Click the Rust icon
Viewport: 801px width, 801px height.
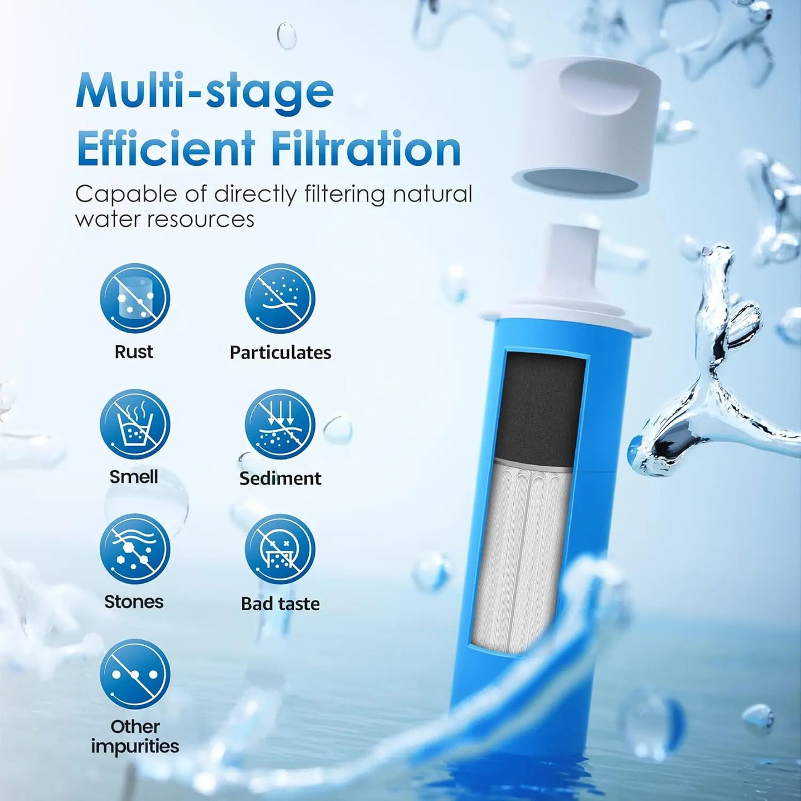135,298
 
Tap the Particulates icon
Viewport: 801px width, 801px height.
280,298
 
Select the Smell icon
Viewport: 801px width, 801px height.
135,424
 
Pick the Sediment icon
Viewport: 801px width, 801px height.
280,424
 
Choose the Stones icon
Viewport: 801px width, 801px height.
135,549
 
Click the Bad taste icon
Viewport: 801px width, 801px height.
280,549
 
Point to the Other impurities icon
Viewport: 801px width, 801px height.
135,674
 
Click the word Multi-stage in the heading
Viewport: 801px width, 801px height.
205,91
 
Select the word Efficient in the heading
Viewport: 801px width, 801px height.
166,149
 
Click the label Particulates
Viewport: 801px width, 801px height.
280,353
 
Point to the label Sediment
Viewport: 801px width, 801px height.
280,478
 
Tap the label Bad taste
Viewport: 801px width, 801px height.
280,604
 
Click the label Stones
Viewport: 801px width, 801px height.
134,602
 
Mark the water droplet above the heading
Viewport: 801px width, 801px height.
287,35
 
